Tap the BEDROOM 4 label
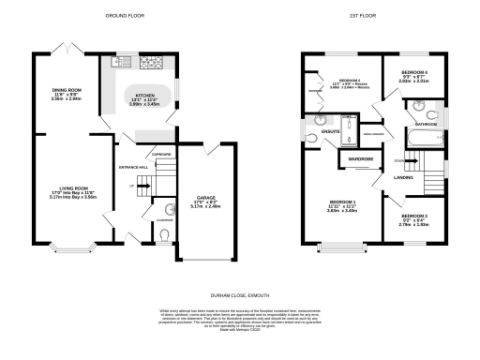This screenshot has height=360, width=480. [414, 72]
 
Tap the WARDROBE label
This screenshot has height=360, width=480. [360, 160]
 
